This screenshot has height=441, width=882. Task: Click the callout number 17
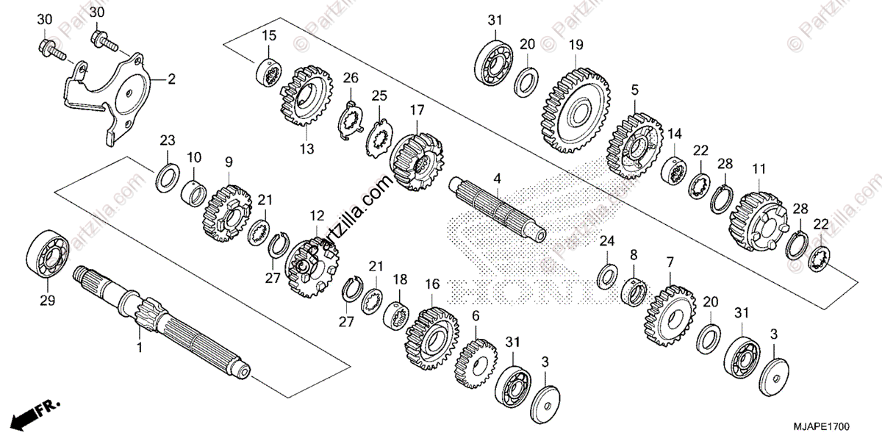(417, 110)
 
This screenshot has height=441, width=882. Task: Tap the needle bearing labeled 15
(268, 72)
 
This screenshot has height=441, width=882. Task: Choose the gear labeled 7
(670, 317)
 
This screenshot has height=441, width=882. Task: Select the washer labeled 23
(167, 178)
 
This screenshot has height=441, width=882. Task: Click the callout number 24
(606, 241)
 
